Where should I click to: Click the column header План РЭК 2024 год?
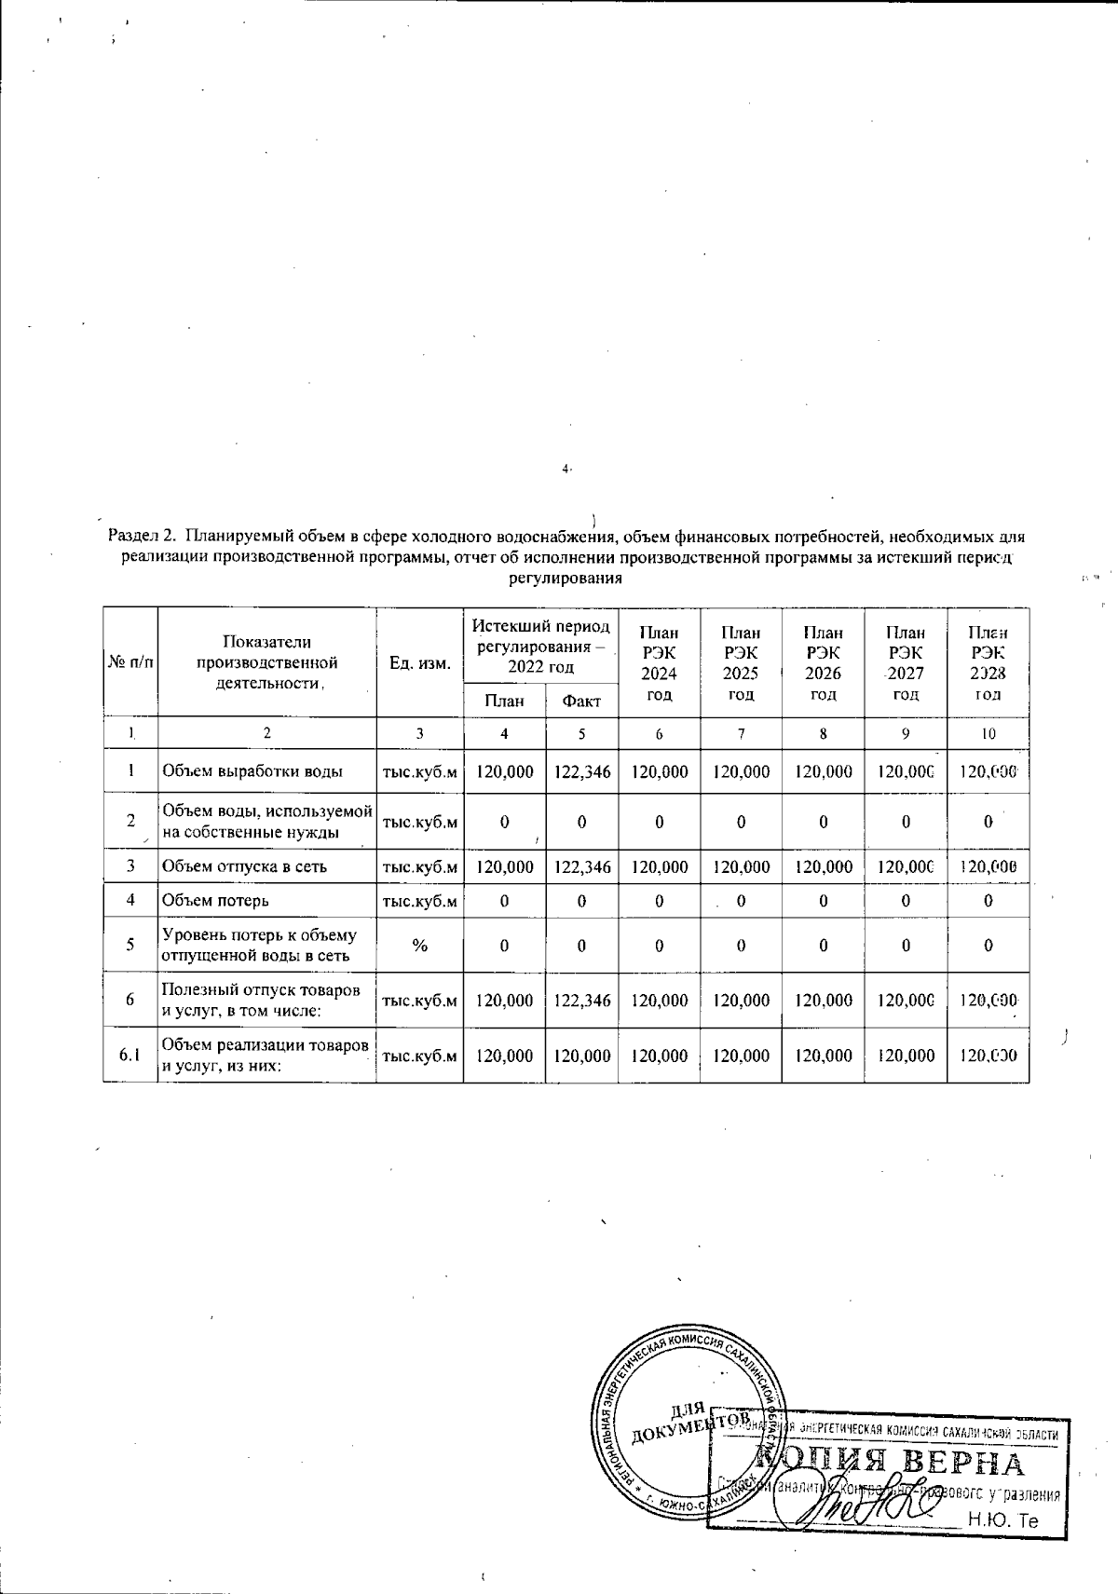click(x=659, y=662)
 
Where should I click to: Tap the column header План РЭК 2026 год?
click(x=823, y=662)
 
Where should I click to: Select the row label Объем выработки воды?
click(x=252, y=771)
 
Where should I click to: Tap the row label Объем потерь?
click(x=216, y=901)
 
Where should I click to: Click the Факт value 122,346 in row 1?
click(x=581, y=771)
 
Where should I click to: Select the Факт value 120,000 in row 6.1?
click(x=581, y=1056)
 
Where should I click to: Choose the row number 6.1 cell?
click(x=130, y=1056)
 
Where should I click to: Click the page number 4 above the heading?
click(x=566, y=470)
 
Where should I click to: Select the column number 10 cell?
click(x=988, y=733)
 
